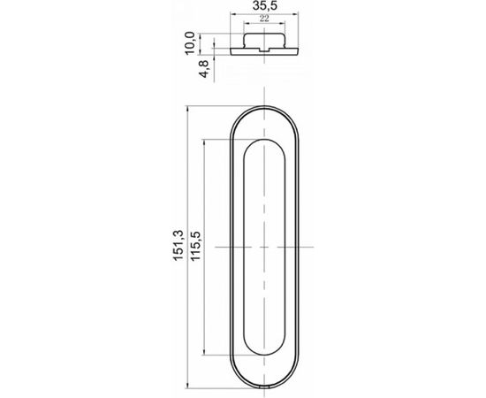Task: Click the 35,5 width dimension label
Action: pos(265,6)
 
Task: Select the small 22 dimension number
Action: pos(264,19)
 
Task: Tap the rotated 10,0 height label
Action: pos(190,43)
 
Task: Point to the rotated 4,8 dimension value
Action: pos(204,69)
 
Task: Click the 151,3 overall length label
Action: pos(178,246)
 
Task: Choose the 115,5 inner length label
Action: pos(196,246)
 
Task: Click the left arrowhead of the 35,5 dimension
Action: pos(233,14)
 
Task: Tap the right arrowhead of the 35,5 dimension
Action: pos(295,14)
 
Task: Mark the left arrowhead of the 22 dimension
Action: pos(247,23)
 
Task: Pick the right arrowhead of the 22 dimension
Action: pos(282,23)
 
